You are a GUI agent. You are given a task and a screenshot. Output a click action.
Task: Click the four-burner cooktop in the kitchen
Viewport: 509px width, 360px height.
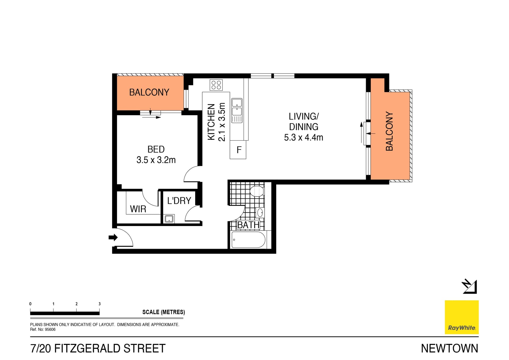coord(216,85)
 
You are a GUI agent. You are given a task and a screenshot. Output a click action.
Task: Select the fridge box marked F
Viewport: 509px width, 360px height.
coord(238,150)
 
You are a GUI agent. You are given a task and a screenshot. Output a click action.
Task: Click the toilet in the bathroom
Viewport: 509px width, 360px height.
coord(257,191)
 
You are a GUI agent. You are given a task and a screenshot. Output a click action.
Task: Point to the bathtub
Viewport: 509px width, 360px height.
coord(248,240)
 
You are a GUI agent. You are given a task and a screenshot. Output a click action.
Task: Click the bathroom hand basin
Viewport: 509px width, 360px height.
coord(260,212)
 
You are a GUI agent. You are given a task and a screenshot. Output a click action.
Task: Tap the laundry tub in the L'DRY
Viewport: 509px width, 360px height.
coord(169,219)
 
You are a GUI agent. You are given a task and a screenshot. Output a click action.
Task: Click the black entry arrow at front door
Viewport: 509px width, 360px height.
coord(113,237)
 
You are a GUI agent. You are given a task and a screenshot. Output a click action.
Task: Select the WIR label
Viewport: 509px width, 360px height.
coord(138,209)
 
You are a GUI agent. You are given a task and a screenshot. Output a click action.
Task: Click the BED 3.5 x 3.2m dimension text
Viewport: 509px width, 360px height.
coord(156,160)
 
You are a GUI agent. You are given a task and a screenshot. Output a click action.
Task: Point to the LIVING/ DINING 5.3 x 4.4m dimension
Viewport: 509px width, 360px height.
coord(304,137)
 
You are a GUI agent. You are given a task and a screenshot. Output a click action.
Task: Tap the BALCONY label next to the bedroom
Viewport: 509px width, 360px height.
coord(149,92)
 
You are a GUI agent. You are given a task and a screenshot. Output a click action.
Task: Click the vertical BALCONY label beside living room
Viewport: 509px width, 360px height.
coord(389,131)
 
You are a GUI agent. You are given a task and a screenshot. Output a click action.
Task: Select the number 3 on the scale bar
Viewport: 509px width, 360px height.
coord(100,304)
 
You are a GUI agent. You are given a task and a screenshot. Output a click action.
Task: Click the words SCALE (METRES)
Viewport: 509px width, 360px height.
coord(164,312)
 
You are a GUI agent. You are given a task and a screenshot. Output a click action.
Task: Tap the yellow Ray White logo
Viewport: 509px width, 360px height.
coord(462,317)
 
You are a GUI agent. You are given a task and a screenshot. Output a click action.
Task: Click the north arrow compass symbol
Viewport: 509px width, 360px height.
coord(470,287)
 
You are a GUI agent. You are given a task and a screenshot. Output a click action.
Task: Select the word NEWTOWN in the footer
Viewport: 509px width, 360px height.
coord(449,348)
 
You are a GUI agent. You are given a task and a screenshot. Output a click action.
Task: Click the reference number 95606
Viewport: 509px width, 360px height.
coord(50,329)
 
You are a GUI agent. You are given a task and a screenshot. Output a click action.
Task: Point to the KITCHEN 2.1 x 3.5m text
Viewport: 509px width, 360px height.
coord(216,122)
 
